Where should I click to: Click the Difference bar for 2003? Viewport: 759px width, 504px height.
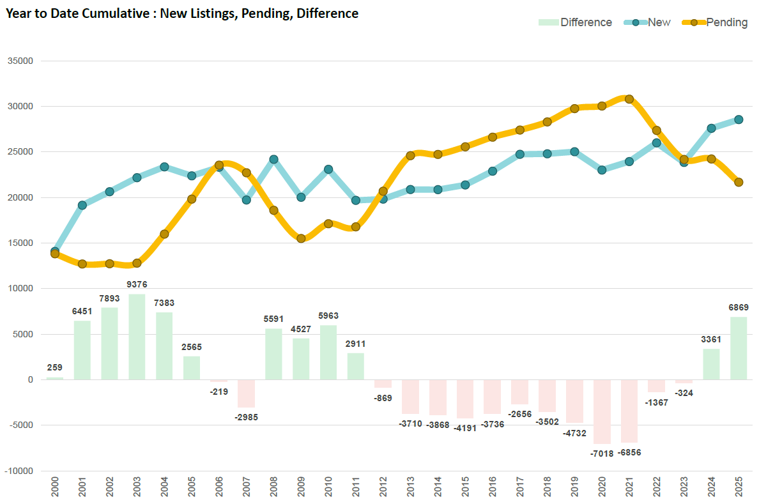[x=137, y=337]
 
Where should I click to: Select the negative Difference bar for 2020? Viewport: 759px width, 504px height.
[x=602, y=411]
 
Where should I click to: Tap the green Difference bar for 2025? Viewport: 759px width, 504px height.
[x=739, y=348]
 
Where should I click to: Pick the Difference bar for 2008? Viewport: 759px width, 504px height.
[x=273, y=354]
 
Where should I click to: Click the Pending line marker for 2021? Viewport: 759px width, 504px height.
[x=629, y=99]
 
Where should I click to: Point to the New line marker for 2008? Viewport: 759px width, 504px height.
[x=273, y=159]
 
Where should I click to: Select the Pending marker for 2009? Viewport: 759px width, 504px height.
[x=301, y=238]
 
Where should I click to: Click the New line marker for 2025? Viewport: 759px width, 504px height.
[x=739, y=119]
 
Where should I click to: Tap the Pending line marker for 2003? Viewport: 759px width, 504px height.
[x=137, y=263]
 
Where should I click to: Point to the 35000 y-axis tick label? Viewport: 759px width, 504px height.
[x=20, y=61]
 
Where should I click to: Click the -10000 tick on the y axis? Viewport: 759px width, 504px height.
[x=19, y=471]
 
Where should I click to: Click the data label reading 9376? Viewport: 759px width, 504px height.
[x=137, y=284]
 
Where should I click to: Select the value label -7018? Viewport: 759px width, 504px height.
[x=602, y=454]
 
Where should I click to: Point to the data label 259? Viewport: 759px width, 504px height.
[x=55, y=367]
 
